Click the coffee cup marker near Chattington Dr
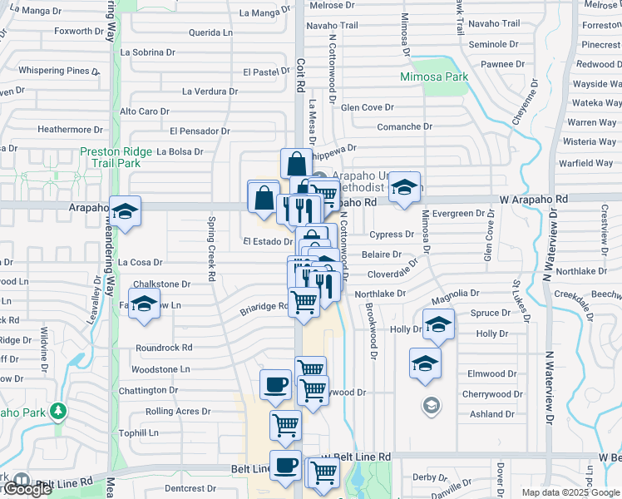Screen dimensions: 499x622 (x=275, y=384)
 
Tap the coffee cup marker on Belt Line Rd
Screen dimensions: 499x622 (x=285, y=466)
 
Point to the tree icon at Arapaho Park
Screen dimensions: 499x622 (x=57, y=411)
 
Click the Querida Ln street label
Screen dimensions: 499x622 (x=210, y=32)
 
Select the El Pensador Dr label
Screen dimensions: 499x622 (x=200, y=131)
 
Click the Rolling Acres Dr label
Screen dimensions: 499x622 (x=172, y=412)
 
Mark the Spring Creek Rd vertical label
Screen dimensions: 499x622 (x=212, y=248)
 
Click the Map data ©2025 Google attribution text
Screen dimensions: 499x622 (x=571, y=492)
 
